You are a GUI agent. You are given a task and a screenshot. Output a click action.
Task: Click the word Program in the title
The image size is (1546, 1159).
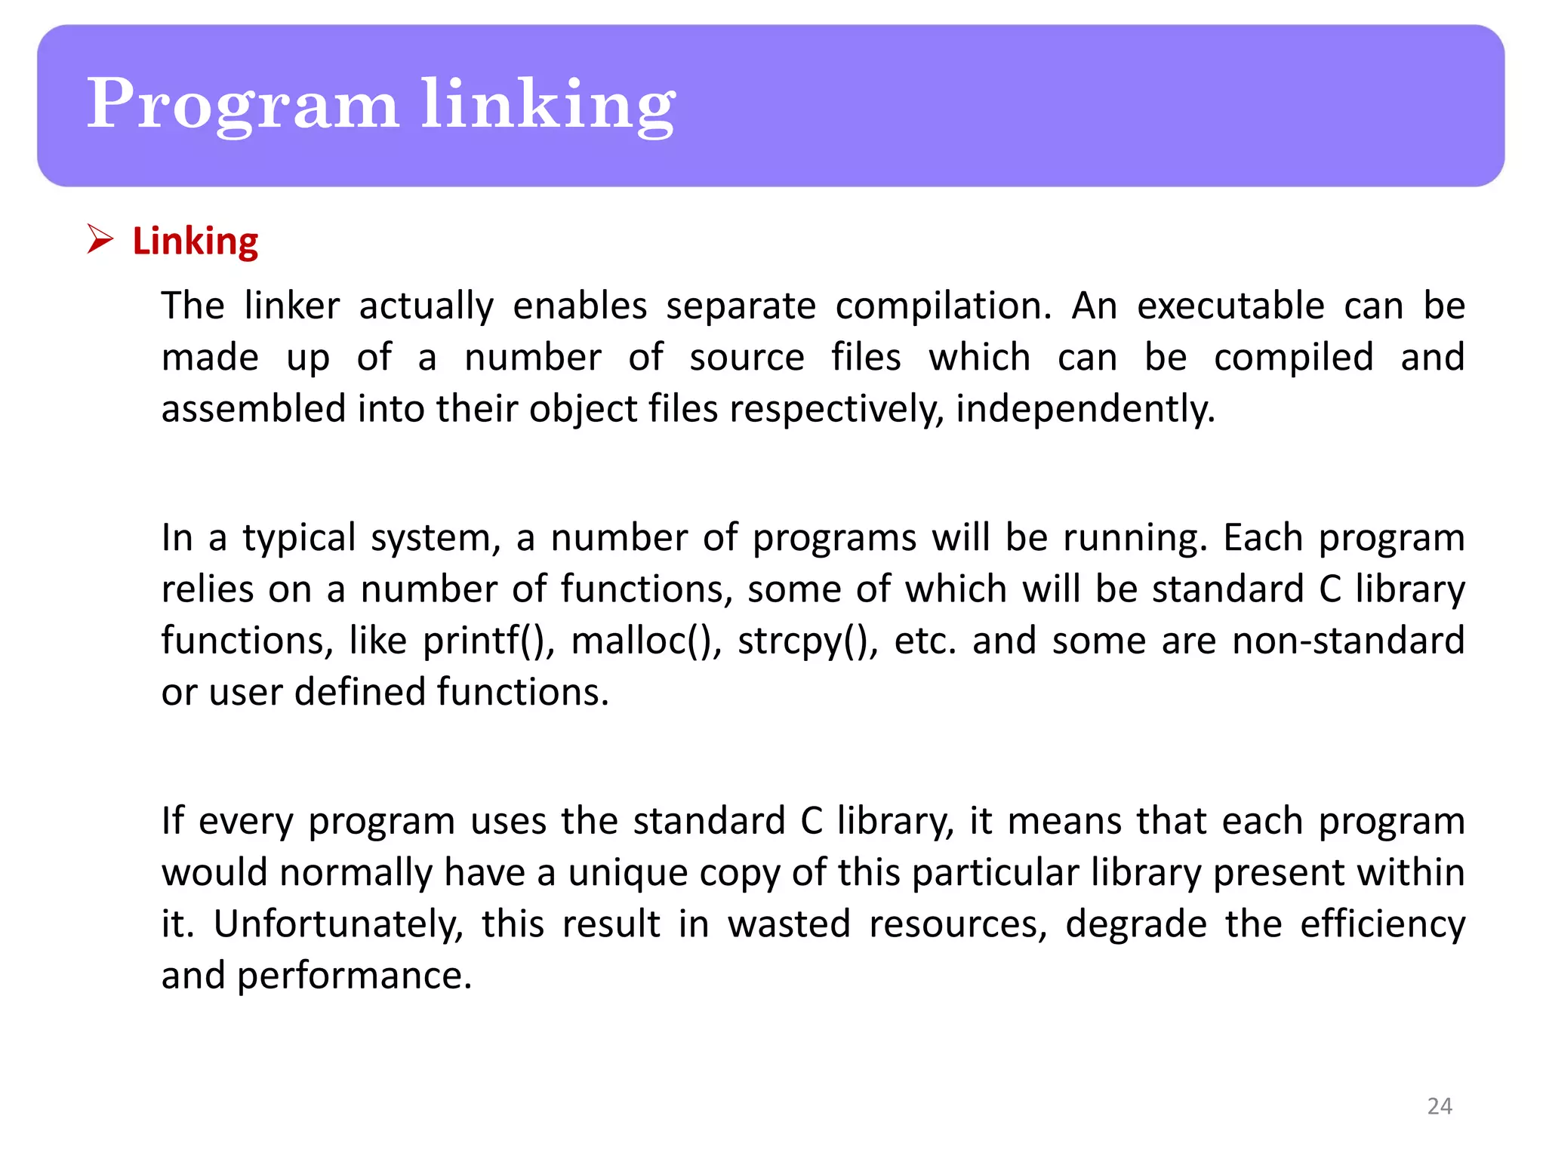tap(242, 106)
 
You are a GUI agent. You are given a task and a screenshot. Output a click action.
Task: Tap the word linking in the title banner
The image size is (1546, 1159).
tap(547, 106)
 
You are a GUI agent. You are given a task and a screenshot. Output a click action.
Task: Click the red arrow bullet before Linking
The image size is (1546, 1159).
tap(100, 239)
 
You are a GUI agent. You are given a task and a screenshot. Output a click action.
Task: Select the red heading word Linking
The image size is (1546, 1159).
tap(196, 241)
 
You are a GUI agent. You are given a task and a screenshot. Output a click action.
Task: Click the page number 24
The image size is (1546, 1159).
tap(1440, 1106)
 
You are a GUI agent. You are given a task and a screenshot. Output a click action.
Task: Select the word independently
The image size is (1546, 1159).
tap(1085, 410)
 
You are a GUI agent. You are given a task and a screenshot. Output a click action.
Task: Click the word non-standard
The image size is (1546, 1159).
tap(1348, 641)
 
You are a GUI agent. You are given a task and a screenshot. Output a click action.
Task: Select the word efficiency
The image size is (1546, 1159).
tap(1381, 924)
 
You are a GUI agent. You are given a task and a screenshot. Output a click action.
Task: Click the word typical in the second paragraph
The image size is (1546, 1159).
tap(298, 539)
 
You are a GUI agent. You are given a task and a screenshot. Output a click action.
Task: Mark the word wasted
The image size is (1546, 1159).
tap(789, 924)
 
